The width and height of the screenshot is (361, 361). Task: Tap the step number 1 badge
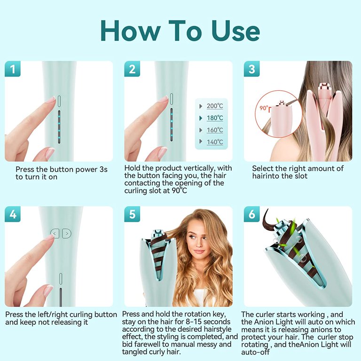pyautogui.click(x=13, y=69)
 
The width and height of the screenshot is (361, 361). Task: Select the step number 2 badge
pyautogui.click(x=132, y=69)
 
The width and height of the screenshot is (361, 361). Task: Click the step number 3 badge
pyautogui.click(x=251, y=69)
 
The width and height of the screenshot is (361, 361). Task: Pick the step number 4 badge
pyautogui.click(x=13, y=214)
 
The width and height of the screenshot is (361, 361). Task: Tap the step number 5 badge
pyautogui.click(x=132, y=214)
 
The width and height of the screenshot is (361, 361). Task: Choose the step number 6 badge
pyautogui.click(x=251, y=214)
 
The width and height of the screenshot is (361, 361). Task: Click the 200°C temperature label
pyautogui.click(x=215, y=106)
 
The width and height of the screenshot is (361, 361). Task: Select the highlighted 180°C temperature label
pyautogui.click(x=215, y=118)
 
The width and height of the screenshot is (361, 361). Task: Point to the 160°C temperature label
pyautogui.click(x=215, y=130)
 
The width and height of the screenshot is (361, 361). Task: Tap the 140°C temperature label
pyautogui.click(x=215, y=142)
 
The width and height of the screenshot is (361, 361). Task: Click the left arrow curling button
pyautogui.click(x=55, y=234)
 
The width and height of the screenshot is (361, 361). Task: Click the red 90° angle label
pyautogui.click(x=264, y=108)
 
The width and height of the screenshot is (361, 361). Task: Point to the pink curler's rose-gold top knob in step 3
pyautogui.click(x=324, y=87)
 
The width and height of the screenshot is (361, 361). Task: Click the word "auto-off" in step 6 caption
pyautogui.click(x=255, y=352)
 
